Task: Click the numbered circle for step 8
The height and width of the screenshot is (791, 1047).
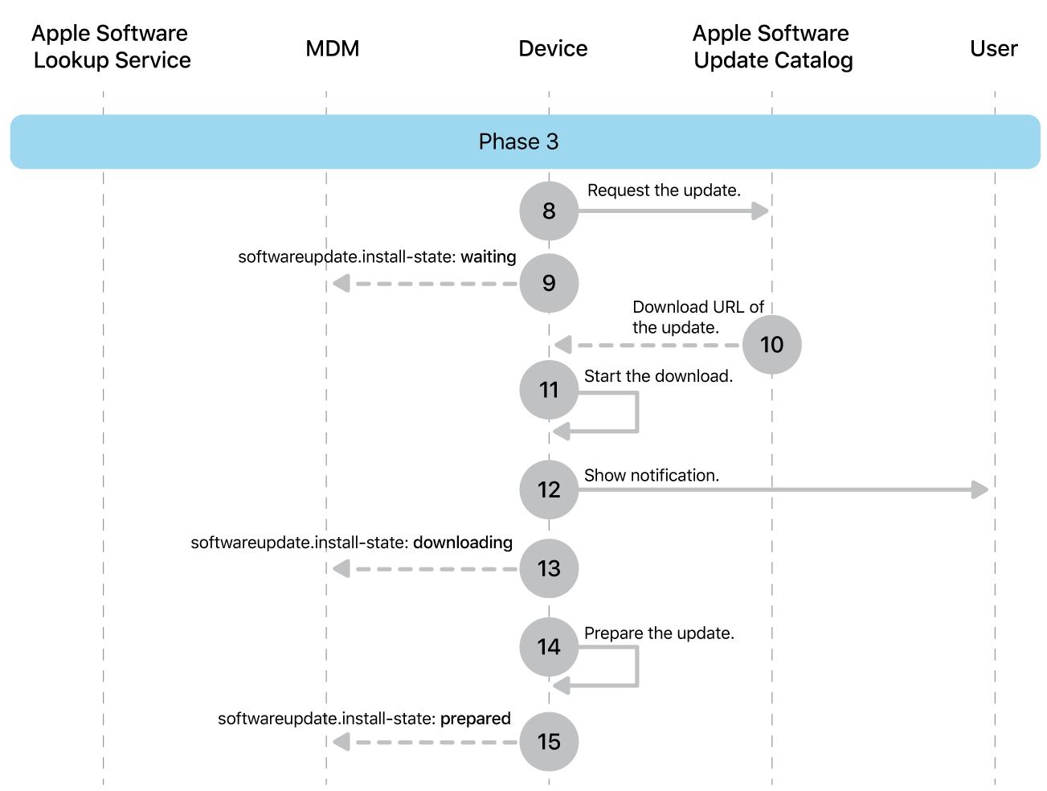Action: pyautogui.click(x=549, y=211)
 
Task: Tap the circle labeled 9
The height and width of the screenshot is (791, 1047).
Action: pyautogui.click(x=549, y=283)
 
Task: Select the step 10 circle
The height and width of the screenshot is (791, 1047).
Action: pyautogui.click(x=771, y=345)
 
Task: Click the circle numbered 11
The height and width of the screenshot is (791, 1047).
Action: pyautogui.click(x=549, y=390)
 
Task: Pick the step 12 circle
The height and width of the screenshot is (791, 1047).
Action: pyautogui.click(x=549, y=490)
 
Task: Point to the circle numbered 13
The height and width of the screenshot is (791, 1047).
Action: pyautogui.click(x=549, y=568)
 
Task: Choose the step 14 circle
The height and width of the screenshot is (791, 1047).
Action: pyautogui.click(x=549, y=646)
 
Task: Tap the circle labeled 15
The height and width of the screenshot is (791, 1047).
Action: pyautogui.click(x=549, y=741)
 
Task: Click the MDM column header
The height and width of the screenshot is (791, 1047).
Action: pyautogui.click(x=332, y=48)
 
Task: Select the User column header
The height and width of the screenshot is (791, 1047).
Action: pyautogui.click(x=993, y=48)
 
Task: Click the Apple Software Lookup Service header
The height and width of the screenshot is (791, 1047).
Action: pyautogui.click(x=111, y=47)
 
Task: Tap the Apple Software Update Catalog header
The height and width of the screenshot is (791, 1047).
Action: pyautogui.click(x=772, y=47)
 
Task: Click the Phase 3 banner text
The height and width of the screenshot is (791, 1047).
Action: pyautogui.click(x=518, y=141)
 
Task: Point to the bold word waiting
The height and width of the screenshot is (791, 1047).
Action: pyautogui.click(x=488, y=256)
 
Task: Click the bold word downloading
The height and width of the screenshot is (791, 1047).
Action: pyautogui.click(x=462, y=543)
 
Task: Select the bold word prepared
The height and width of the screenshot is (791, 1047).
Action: pyautogui.click(x=475, y=719)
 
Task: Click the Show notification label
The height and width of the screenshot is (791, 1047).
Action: pyautogui.click(x=651, y=475)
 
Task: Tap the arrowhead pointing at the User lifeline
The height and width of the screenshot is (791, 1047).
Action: pyautogui.click(x=980, y=490)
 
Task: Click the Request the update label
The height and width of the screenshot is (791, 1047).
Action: pyautogui.click(x=664, y=191)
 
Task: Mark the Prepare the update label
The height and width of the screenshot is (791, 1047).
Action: pyautogui.click(x=659, y=633)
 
